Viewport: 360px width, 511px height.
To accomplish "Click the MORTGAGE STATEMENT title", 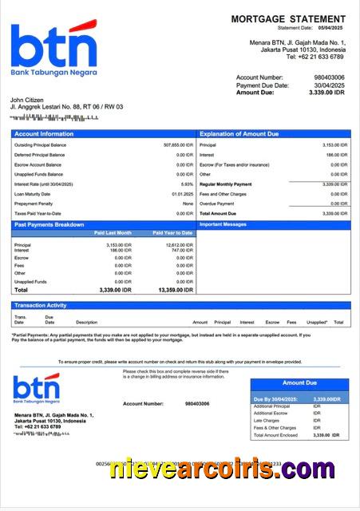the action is click(x=288, y=18).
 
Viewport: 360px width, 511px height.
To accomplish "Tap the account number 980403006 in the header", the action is click(x=330, y=77).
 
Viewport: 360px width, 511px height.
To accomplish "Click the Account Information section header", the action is click(x=44, y=134).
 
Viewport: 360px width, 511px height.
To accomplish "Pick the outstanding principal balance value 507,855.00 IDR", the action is click(x=178, y=145).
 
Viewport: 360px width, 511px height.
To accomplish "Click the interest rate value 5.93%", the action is click(x=188, y=184).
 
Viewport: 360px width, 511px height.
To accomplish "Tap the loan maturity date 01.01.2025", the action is click(x=182, y=194).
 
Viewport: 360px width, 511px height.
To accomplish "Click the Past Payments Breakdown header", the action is click(x=49, y=225).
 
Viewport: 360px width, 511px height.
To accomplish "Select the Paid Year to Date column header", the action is click(x=172, y=233).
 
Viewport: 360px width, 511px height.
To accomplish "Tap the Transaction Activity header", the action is click(x=40, y=305).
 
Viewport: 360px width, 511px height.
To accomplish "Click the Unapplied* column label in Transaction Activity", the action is click(x=317, y=323).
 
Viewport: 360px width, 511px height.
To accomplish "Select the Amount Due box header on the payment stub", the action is click(x=299, y=383).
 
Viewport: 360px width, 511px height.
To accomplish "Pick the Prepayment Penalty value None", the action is click(x=188, y=204).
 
